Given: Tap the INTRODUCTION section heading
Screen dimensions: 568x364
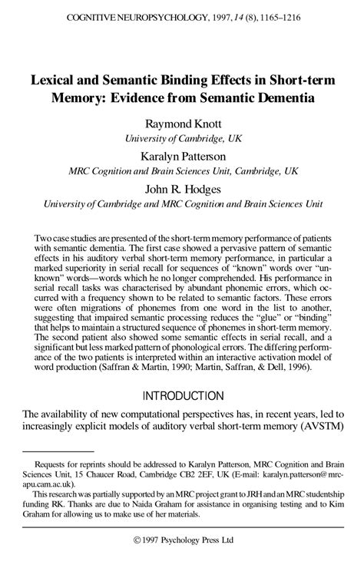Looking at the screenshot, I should (182, 396).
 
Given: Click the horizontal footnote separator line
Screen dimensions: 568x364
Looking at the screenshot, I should (58, 451).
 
